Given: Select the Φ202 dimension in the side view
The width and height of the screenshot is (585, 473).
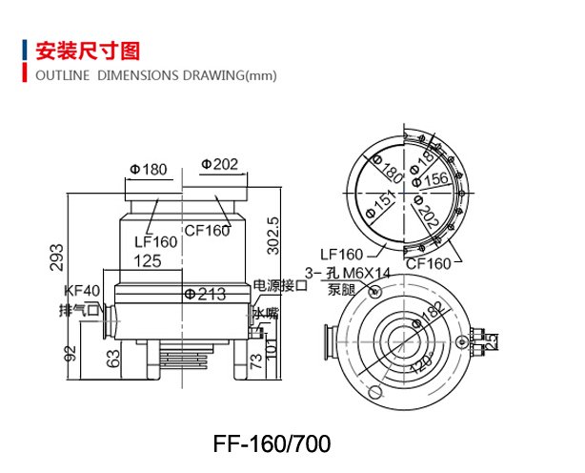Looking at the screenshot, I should [220, 165].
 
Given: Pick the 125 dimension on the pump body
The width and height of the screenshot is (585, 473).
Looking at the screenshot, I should [147, 259].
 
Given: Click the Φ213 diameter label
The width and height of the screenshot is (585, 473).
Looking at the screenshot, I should [205, 294].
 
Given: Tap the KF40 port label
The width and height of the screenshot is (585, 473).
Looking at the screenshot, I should [81, 291].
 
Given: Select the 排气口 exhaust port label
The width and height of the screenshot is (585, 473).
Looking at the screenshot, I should [79, 310].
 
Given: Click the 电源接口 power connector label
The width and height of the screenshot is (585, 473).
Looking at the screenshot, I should [280, 285].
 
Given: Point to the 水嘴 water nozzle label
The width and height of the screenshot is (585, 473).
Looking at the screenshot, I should [265, 313].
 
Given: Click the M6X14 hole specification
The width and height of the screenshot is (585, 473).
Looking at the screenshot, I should [359, 273].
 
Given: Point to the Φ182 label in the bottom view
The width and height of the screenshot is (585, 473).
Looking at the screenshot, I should [431, 316].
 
